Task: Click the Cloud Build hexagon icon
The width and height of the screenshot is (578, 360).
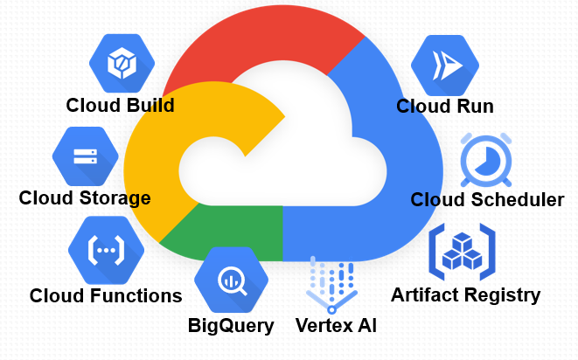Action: (122, 62)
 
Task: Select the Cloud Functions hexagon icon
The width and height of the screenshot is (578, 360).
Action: (106, 250)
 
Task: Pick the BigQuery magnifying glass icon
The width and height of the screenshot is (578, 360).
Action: (231, 279)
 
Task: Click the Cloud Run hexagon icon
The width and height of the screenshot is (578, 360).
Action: (445, 66)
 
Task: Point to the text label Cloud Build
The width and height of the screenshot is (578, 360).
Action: (121, 106)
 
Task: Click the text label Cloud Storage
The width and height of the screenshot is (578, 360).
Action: (85, 197)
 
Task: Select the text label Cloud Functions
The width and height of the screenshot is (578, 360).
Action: (106, 295)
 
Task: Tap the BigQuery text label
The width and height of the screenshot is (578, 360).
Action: (231, 327)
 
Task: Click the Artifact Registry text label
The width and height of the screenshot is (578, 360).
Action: (465, 294)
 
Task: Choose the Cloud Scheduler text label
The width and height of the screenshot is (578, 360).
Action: (487, 200)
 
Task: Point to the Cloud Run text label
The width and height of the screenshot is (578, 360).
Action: (445, 107)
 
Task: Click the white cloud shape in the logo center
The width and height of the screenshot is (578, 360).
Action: (280, 166)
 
